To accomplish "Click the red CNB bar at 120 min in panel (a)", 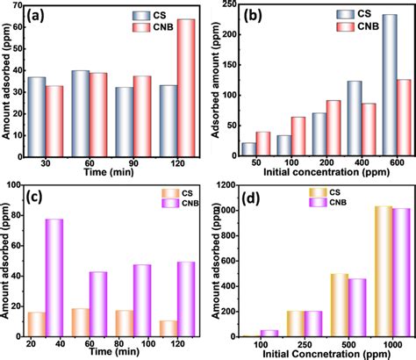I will tap(186, 84).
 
